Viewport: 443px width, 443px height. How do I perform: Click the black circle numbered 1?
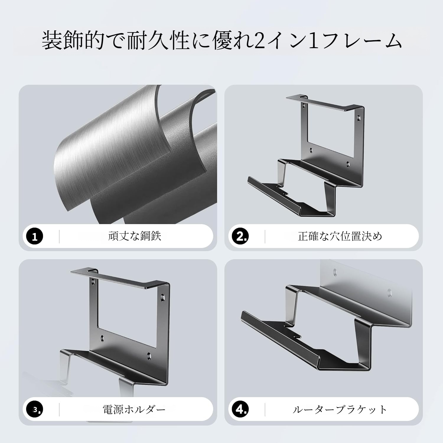35,236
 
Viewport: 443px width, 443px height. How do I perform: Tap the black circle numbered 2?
240,236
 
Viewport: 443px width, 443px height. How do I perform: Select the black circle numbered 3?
35,410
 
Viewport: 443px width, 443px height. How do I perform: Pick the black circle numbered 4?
240,410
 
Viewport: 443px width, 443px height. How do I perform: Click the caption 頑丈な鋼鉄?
135,236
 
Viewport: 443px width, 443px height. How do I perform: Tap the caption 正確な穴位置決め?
340,236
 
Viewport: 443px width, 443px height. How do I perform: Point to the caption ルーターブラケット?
340,410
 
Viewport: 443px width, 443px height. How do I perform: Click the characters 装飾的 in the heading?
73,41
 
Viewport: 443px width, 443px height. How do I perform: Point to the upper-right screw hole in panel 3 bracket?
162,296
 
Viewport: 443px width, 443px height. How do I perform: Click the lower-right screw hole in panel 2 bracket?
348,163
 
